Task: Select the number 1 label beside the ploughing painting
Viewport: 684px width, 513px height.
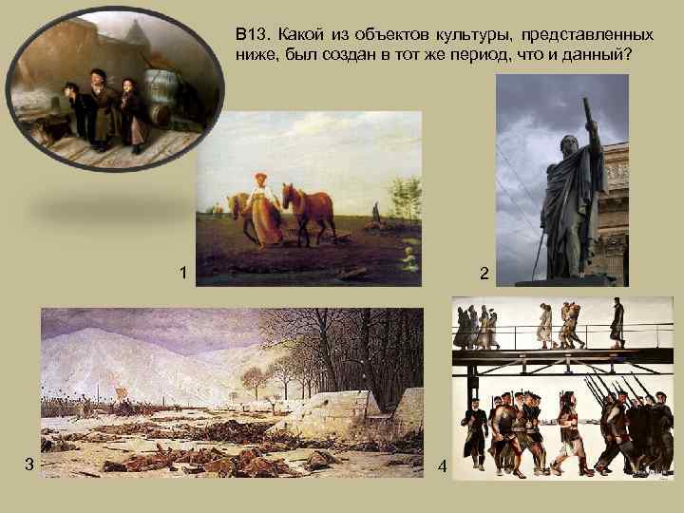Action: click(182, 274)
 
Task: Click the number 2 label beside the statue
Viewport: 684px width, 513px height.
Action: click(484, 274)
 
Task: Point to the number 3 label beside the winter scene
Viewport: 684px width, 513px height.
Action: click(29, 463)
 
